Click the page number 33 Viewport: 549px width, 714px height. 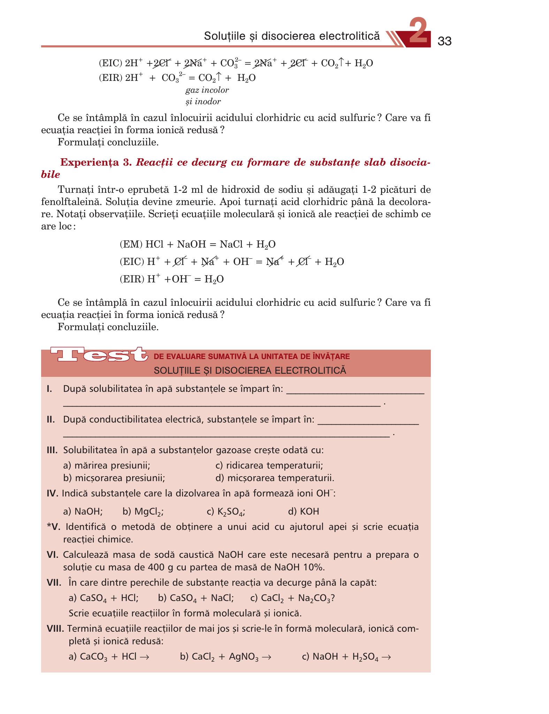click(x=444, y=41)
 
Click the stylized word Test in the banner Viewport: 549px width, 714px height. click(x=98, y=355)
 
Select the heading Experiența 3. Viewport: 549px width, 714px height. click(x=96, y=162)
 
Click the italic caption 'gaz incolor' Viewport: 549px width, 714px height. click(x=207, y=90)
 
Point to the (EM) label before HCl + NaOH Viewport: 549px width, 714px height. click(x=131, y=244)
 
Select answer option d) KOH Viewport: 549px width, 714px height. click(x=303, y=511)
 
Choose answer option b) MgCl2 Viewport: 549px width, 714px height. click(x=143, y=512)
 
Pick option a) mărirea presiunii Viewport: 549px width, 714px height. click(x=107, y=465)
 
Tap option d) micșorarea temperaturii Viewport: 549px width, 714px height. click(x=275, y=478)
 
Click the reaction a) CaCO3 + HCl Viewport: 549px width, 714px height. click(x=109, y=657)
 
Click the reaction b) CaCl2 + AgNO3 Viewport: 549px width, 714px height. click(x=225, y=657)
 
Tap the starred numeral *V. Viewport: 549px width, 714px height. click(x=53, y=526)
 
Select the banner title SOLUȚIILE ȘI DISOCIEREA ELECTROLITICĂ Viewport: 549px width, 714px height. click(x=250, y=370)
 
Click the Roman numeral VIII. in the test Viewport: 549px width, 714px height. click(x=55, y=629)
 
